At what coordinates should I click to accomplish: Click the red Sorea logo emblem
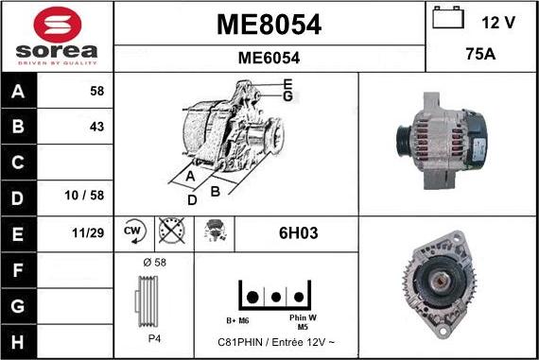(x=58, y=25)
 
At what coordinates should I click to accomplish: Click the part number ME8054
(x=269, y=25)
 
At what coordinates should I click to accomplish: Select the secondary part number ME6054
(x=269, y=58)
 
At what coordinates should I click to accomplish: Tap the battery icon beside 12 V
(x=448, y=17)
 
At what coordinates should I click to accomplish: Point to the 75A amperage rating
(x=480, y=54)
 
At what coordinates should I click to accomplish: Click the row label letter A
(x=18, y=92)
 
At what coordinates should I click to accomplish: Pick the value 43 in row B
(x=96, y=127)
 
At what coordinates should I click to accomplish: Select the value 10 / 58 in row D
(x=84, y=196)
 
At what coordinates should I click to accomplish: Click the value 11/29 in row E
(x=88, y=232)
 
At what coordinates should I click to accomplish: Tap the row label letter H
(x=18, y=342)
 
